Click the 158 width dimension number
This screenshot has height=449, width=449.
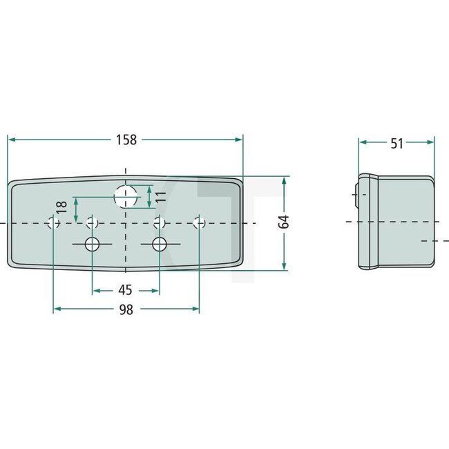126,140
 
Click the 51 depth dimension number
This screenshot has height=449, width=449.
397,143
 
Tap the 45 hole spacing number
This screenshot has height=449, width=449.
126,289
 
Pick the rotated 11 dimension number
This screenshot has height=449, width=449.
160,197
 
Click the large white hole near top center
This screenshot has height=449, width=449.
125,197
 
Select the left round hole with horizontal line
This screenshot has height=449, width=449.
91,244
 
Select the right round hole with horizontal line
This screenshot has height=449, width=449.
160,244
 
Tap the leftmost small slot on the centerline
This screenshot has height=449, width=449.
53,222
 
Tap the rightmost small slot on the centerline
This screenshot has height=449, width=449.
200,222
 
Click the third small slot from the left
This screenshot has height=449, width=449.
159,222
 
